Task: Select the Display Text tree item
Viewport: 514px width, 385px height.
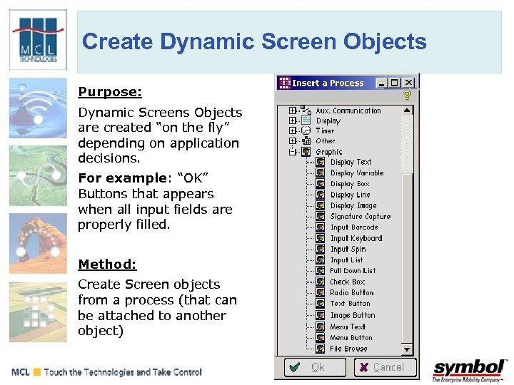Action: pyautogui.click(x=351, y=162)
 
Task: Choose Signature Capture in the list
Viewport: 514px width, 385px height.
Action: pyautogui.click(x=360, y=216)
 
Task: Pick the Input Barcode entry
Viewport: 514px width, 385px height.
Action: pyautogui.click(x=354, y=227)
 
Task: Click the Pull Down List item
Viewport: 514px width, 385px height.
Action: pyautogui.click(x=353, y=271)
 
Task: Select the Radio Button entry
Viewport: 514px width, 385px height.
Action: pyautogui.click(x=351, y=292)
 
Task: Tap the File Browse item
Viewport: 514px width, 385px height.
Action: pyautogui.click(x=348, y=349)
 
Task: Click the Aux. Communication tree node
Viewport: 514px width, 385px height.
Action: pyautogui.click(x=348, y=111)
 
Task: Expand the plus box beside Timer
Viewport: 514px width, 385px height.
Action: pyautogui.click(x=293, y=131)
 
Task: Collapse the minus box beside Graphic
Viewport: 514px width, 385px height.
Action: pyautogui.click(x=293, y=152)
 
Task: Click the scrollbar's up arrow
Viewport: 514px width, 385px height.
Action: pyautogui.click(x=407, y=111)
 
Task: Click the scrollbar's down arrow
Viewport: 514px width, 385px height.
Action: pyautogui.click(x=407, y=349)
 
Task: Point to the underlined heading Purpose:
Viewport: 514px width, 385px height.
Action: pyautogui.click(x=110, y=92)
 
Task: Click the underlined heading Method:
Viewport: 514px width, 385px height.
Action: pyautogui.click(x=107, y=265)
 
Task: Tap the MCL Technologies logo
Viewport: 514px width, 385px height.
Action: pyautogui.click(x=37, y=39)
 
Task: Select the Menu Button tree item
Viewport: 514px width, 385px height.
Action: pyautogui.click(x=351, y=338)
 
